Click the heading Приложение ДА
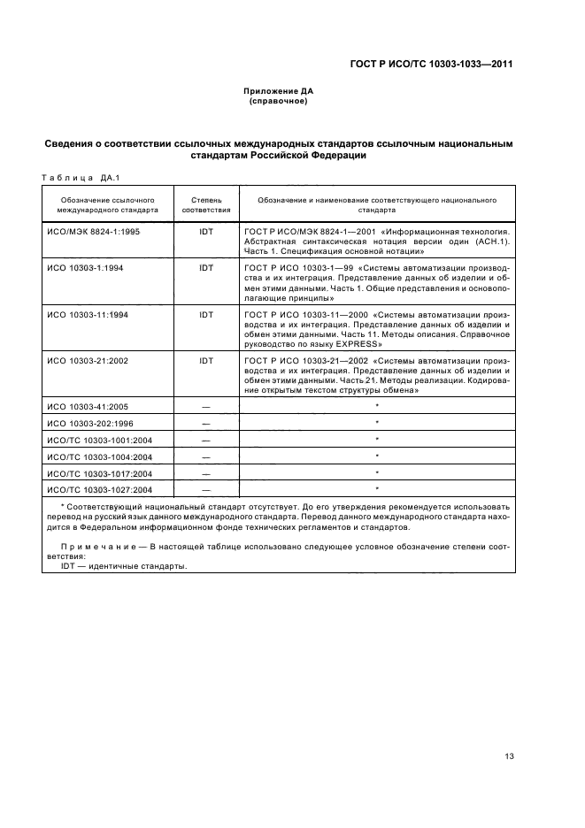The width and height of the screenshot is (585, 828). (x=279, y=91)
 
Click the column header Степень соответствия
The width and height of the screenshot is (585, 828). (x=206, y=205)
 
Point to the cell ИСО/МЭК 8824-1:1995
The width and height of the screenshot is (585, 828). (x=94, y=231)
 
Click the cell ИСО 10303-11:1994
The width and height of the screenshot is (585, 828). (x=90, y=314)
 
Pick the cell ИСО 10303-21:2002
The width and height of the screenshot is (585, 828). (x=90, y=361)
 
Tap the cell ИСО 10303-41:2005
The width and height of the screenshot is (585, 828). (x=90, y=408)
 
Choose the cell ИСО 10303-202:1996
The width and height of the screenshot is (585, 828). (x=92, y=423)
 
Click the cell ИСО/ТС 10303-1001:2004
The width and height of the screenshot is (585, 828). (x=101, y=440)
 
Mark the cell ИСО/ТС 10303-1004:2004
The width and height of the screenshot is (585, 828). (x=101, y=456)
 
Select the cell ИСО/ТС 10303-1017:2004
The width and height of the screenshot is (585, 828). (x=101, y=472)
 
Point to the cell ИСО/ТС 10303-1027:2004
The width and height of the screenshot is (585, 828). (x=101, y=488)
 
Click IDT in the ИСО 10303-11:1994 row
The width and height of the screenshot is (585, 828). (x=206, y=314)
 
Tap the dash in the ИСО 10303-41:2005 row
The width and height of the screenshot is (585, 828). (x=206, y=408)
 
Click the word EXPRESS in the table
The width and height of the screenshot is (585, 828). (x=350, y=342)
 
